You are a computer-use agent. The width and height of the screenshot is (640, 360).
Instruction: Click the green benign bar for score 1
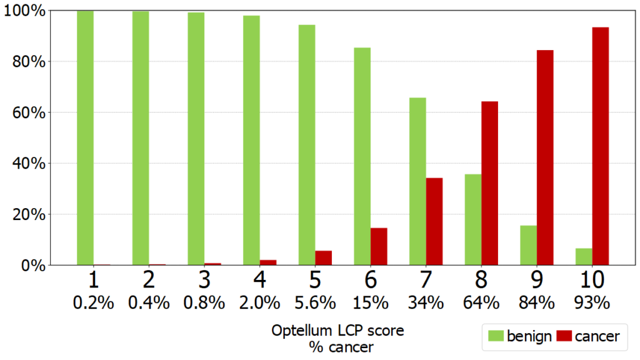coord(85,137)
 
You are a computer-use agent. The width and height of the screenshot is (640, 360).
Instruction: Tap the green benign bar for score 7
coord(417,181)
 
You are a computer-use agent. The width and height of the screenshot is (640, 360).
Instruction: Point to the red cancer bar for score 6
coord(379,246)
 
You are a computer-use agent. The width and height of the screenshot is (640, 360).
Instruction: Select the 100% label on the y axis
coord(23,11)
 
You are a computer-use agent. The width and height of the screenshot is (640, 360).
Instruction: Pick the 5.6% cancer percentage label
coord(314,303)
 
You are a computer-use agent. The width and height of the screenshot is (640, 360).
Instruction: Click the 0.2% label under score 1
coord(94,303)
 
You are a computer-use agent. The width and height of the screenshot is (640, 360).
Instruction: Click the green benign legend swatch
coord(497,337)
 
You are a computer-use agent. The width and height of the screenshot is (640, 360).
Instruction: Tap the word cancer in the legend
coord(597,337)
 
